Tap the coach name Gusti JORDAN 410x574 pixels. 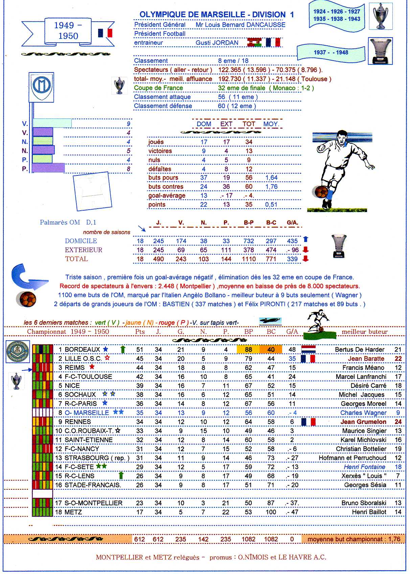pos(217,43)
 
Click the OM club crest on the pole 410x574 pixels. pos(41,87)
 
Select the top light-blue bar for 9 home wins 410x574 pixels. pos(52,123)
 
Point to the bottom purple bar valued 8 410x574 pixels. pos(48,168)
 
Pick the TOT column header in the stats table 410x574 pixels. pos(249,124)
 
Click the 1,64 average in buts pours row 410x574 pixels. pos(271,177)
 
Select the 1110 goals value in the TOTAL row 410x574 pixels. pos(249,259)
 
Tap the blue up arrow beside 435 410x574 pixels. pos(306,239)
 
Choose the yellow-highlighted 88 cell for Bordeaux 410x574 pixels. pos(248,349)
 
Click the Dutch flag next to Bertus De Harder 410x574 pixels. pos(308,349)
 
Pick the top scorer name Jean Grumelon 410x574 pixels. pos(363,422)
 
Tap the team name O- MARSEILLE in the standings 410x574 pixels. pos(87,413)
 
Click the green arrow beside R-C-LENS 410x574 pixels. pos(121,475)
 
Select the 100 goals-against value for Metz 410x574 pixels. pos(271,512)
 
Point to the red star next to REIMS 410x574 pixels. pos(92,367)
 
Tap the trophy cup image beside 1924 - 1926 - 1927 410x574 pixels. pos(381,16)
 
